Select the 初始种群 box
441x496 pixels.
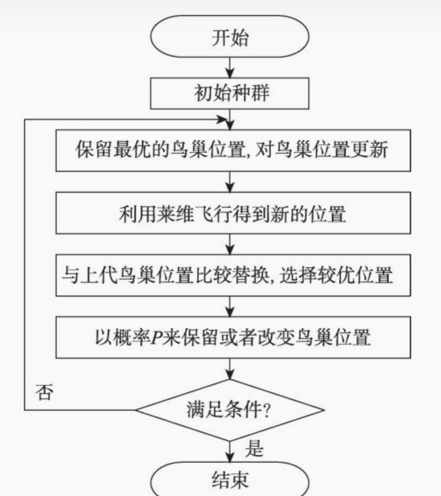[x=230, y=93]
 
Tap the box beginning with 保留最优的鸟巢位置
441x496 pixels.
[x=230, y=151]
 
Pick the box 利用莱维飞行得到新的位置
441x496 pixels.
[x=230, y=214]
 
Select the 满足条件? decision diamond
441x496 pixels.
[x=230, y=410]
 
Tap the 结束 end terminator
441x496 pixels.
[x=230, y=480]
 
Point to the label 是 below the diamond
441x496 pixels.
[x=254, y=449]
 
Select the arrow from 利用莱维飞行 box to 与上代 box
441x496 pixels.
[x=230, y=244]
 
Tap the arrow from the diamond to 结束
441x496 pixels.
[x=230, y=450]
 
